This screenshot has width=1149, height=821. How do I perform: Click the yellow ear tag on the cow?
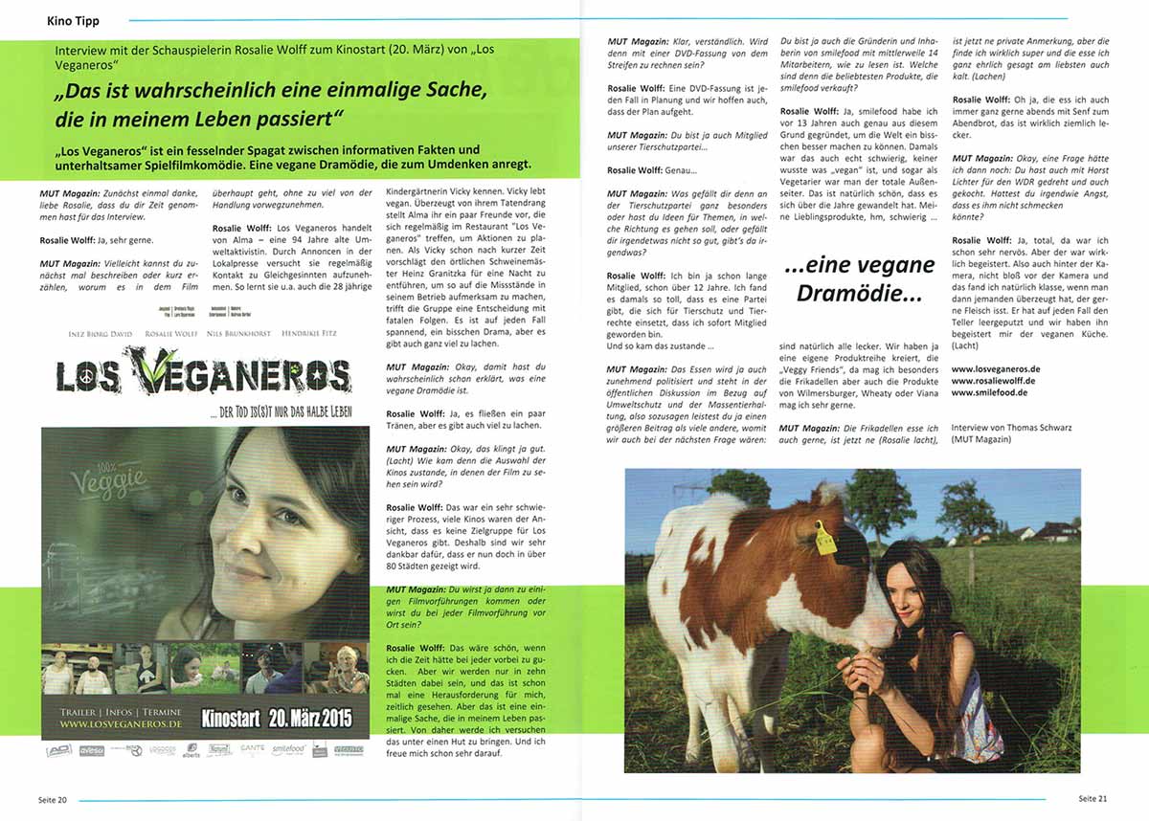pos(824,538)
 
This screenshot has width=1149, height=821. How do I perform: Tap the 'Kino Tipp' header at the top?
pos(73,20)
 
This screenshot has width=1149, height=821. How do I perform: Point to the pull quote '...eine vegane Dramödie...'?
pos(859,278)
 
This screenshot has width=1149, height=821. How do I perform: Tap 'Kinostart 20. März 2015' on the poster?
pos(276,718)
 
